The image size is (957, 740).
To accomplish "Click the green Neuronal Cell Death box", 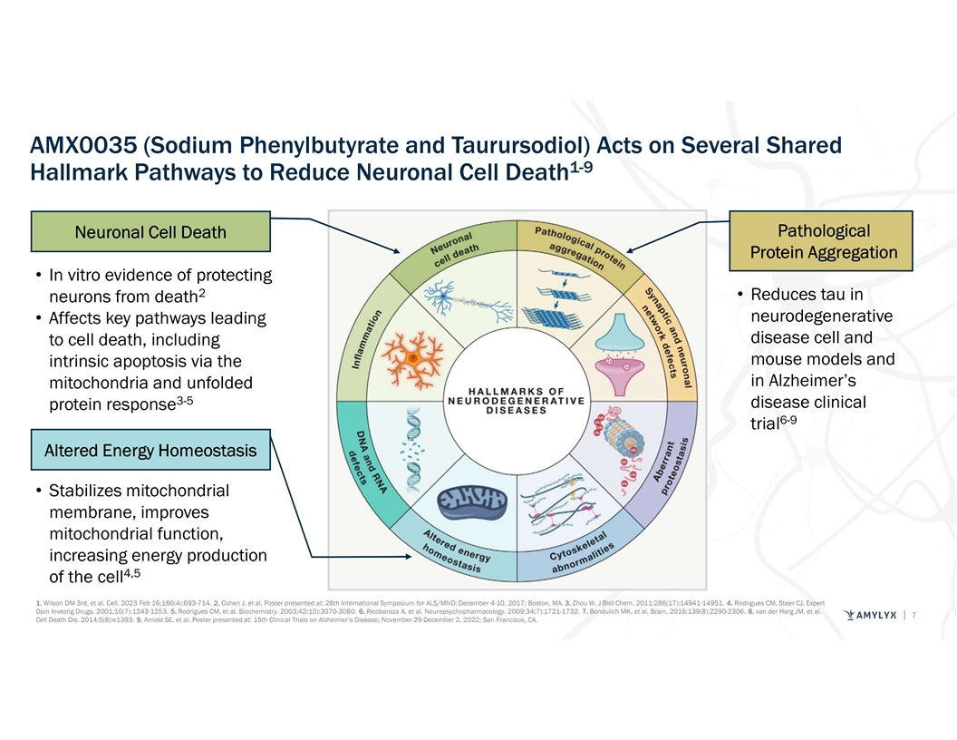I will coord(151,232).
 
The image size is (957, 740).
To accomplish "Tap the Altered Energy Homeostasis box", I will coord(150,451).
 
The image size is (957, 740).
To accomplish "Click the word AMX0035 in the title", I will coord(82,146).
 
